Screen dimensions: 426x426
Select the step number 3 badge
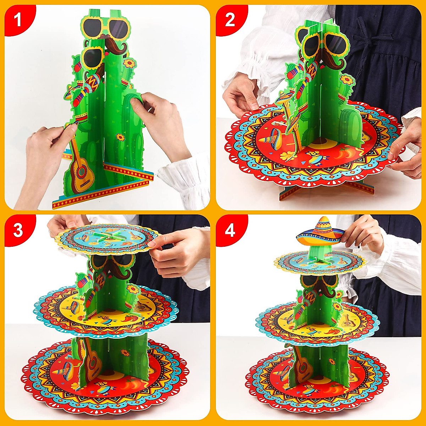tap(17, 230)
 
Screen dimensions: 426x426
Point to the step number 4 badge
tap(230, 230)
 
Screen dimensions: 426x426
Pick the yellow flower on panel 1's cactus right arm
tap(130, 64)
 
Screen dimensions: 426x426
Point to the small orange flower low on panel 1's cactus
tap(120, 137)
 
